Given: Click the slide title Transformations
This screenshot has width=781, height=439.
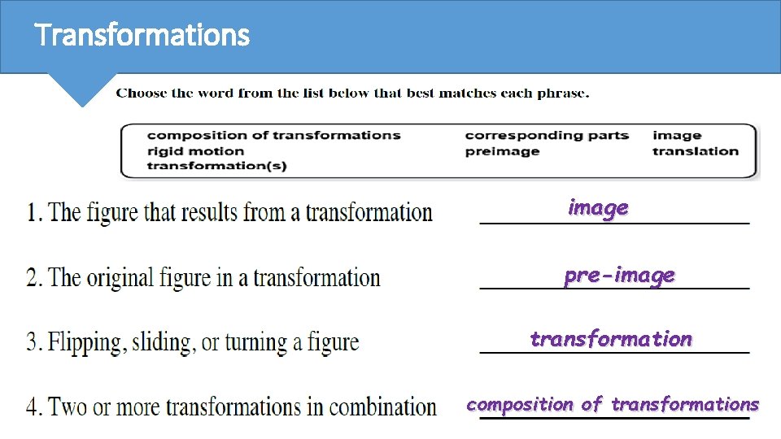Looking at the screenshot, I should tap(142, 36).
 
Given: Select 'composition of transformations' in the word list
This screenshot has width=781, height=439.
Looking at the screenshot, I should tap(273, 135).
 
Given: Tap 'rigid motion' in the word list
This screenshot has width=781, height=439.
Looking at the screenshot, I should tap(195, 150).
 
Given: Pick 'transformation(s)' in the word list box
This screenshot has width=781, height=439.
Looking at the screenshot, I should tap(216, 166).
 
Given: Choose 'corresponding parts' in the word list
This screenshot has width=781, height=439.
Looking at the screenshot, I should tap(547, 135).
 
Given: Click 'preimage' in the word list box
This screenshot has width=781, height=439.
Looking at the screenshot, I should tap(502, 150).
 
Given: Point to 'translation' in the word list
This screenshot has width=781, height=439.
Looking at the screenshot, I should tap(696, 150).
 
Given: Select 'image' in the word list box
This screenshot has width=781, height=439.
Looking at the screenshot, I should tap(677, 135).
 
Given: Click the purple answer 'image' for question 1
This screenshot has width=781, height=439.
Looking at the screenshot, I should tap(598, 208).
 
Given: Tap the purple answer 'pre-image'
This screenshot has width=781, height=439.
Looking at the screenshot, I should tap(619, 276).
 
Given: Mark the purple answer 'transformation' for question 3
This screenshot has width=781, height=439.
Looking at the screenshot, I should tap(611, 339).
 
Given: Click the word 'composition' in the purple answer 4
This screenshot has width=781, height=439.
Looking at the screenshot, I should tap(520, 404).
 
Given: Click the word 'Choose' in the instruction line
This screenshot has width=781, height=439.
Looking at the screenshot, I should tap(142, 93).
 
